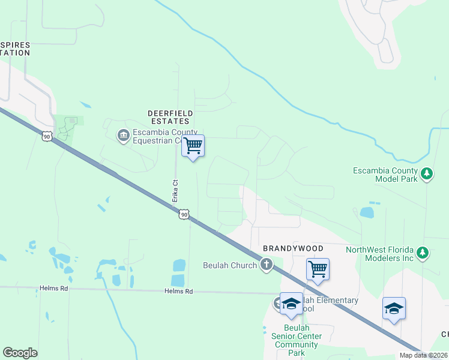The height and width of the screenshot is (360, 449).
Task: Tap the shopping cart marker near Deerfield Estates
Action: [193, 146]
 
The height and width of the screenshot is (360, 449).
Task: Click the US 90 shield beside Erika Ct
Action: [184, 214]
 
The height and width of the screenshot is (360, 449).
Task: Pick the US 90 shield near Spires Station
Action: [47, 136]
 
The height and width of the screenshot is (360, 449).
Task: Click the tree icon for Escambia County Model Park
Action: [426, 174]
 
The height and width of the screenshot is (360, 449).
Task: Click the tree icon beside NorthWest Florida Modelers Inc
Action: [423, 253]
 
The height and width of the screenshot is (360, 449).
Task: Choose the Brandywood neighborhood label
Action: [293, 248]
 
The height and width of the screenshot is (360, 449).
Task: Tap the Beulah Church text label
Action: [231, 265]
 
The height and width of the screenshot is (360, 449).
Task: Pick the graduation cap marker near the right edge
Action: [394, 308]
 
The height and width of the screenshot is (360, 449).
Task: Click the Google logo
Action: [20, 353]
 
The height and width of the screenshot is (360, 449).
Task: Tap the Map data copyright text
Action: [424, 356]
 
